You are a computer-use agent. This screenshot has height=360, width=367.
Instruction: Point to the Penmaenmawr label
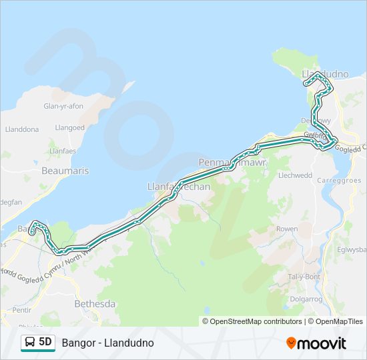coord(233,162)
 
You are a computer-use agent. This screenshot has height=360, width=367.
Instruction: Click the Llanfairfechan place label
coord(178,187)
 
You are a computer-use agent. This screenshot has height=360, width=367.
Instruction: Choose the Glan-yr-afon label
coord(64,106)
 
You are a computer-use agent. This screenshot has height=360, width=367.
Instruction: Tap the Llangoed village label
coord(70,127)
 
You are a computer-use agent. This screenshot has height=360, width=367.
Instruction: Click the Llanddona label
coord(21,130)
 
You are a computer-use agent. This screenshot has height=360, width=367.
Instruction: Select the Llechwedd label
coord(295,175)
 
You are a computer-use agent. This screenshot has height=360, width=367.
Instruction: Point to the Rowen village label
coord(287,229)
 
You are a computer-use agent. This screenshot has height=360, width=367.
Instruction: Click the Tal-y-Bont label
coord(304,277)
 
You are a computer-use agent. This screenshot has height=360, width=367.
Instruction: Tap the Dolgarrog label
coord(306,299)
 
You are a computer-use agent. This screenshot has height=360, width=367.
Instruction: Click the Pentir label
coord(21,311)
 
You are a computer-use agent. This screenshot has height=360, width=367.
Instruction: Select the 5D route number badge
coord(45,343)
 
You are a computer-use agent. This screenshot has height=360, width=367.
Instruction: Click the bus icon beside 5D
coord(30,343)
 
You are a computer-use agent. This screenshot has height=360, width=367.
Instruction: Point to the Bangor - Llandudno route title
coord(107,343)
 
